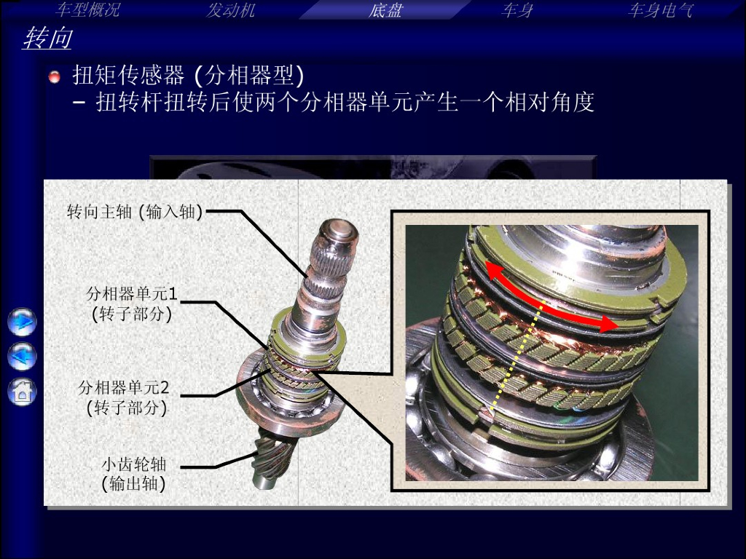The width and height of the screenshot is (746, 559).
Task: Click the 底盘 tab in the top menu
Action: (x=385, y=10)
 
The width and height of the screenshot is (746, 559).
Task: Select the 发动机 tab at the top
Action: (x=231, y=10)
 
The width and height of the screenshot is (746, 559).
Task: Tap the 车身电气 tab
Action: (x=660, y=10)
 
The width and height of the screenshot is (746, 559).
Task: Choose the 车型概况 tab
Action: (x=87, y=9)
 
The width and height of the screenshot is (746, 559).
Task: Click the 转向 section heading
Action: (x=47, y=38)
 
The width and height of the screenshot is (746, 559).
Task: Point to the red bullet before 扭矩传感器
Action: (x=55, y=76)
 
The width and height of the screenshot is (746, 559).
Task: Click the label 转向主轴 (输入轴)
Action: (x=135, y=212)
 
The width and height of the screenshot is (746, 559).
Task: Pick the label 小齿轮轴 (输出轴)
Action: (x=134, y=473)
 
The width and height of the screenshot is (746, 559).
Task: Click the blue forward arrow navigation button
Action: (x=22, y=322)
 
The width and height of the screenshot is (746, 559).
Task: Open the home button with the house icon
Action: (x=22, y=392)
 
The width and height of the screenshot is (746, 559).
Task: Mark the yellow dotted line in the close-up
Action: (x=517, y=355)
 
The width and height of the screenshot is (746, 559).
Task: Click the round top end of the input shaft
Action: (x=338, y=232)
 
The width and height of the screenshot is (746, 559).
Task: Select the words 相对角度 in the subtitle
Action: (x=549, y=102)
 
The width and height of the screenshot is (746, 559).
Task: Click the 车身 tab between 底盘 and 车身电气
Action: (x=517, y=10)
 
